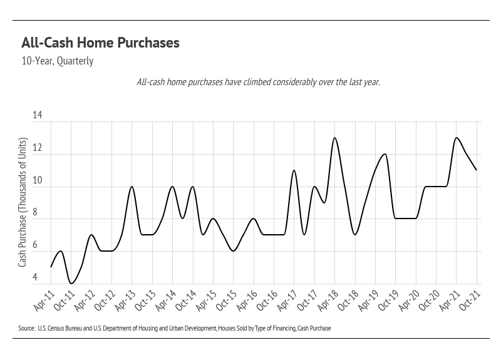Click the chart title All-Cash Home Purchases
(x=100, y=43)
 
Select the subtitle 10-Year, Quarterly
(x=57, y=62)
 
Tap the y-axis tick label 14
(x=37, y=116)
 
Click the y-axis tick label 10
(x=37, y=180)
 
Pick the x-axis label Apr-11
(x=43, y=302)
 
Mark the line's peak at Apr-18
(x=334, y=138)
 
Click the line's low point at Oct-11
(x=71, y=284)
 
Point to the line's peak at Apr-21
(x=456, y=138)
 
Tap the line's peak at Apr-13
(x=132, y=187)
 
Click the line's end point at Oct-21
(x=477, y=170)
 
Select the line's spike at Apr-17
(x=294, y=170)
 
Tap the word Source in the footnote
(x=26, y=328)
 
